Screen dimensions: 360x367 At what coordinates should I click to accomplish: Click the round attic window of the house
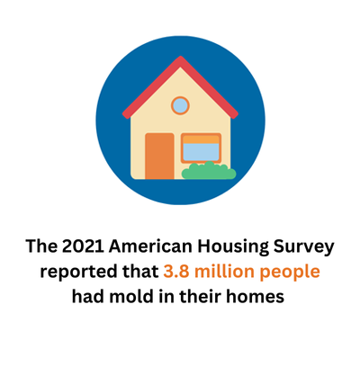pyautogui.click(x=180, y=105)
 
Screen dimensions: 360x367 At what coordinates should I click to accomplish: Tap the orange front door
pyautogui.click(x=159, y=156)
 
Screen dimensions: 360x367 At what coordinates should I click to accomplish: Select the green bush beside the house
pyautogui.click(x=209, y=171)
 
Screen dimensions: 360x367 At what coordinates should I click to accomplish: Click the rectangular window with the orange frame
pyautogui.click(x=201, y=148)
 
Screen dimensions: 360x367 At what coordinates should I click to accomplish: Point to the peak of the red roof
pyautogui.click(x=180, y=57)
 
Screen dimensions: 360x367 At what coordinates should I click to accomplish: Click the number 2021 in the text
pyautogui.click(x=83, y=246)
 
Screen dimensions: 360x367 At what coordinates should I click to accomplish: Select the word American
pyautogui.click(x=150, y=246)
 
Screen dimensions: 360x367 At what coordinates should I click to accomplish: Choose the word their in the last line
pyautogui.click(x=201, y=297)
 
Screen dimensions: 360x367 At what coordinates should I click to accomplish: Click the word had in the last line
pyautogui.click(x=88, y=297)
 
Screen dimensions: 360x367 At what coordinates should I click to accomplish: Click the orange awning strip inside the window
pyautogui.click(x=201, y=139)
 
